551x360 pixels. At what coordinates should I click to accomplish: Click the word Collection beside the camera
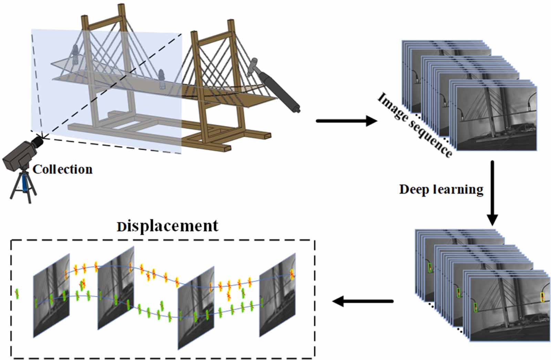63,169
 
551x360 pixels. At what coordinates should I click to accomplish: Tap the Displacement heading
167,226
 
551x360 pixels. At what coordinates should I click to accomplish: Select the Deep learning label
441,189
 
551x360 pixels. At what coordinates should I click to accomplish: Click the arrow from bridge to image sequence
346,121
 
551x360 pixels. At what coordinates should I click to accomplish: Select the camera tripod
23,188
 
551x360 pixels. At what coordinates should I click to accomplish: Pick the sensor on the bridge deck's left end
75,53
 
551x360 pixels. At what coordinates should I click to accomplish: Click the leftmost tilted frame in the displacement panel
51,295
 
